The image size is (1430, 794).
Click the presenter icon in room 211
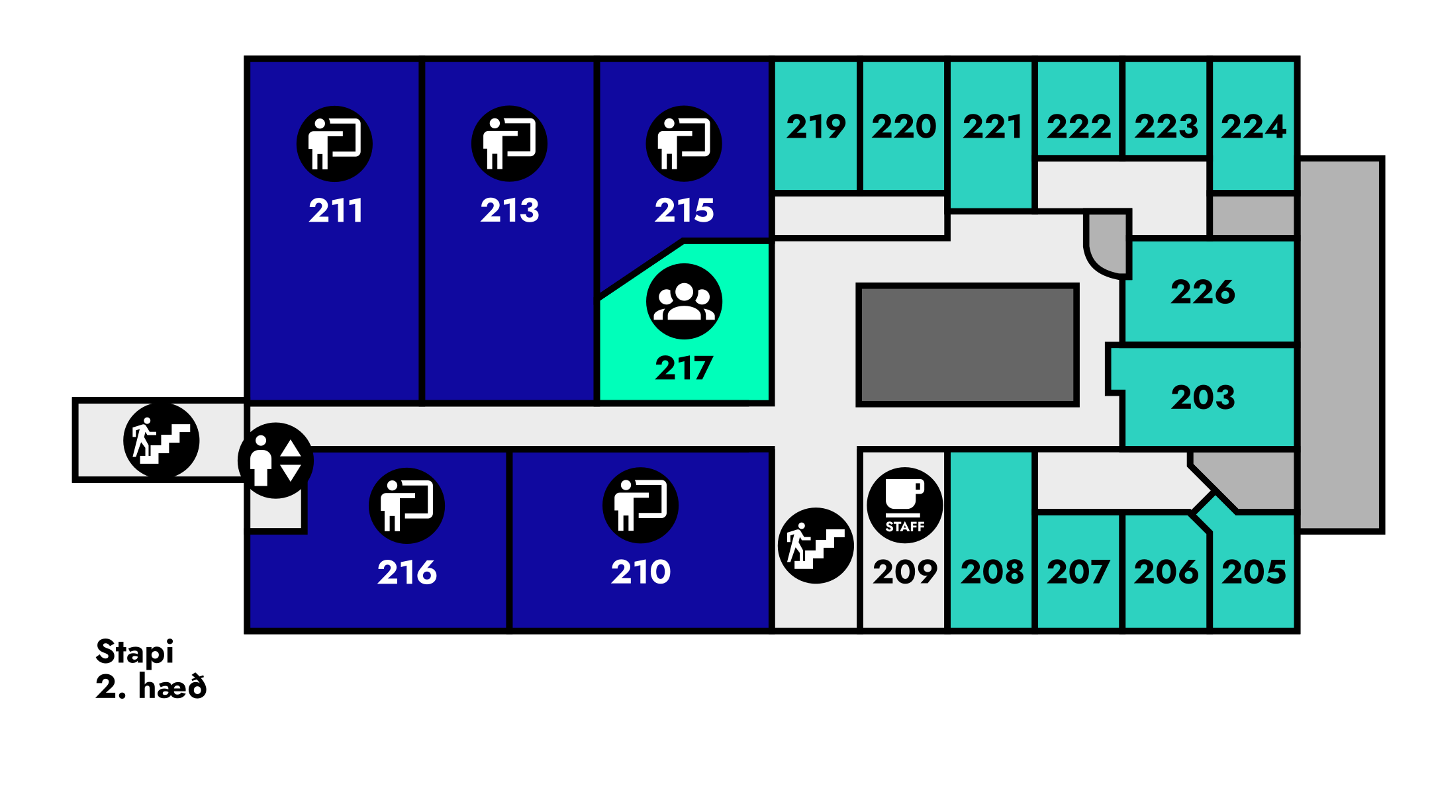click(x=334, y=144)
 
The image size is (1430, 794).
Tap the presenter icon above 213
click(x=509, y=144)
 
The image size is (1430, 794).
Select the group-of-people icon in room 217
click(x=684, y=302)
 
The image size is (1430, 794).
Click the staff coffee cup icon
click(x=904, y=506)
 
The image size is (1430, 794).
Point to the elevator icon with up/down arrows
click(x=275, y=461)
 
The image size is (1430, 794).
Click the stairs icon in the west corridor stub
click(x=161, y=440)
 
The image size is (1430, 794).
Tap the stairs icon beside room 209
click(x=816, y=546)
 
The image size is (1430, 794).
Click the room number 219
click(x=816, y=126)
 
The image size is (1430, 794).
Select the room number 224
click(x=1253, y=126)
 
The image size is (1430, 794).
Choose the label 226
click(x=1202, y=292)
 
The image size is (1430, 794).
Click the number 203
click(x=1202, y=398)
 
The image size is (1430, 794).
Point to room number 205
click(x=1253, y=572)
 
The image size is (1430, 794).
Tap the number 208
click(x=992, y=572)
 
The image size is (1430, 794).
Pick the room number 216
click(x=406, y=572)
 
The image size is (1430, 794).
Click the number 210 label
click(x=640, y=572)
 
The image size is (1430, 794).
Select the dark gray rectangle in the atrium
click(x=967, y=345)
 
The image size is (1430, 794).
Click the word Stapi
click(x=135, y=652)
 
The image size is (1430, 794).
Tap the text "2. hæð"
click(x=151, y=687)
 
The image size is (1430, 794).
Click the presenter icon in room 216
click(x=406, y=506)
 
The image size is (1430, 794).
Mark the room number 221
click(x=992, y=126)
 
